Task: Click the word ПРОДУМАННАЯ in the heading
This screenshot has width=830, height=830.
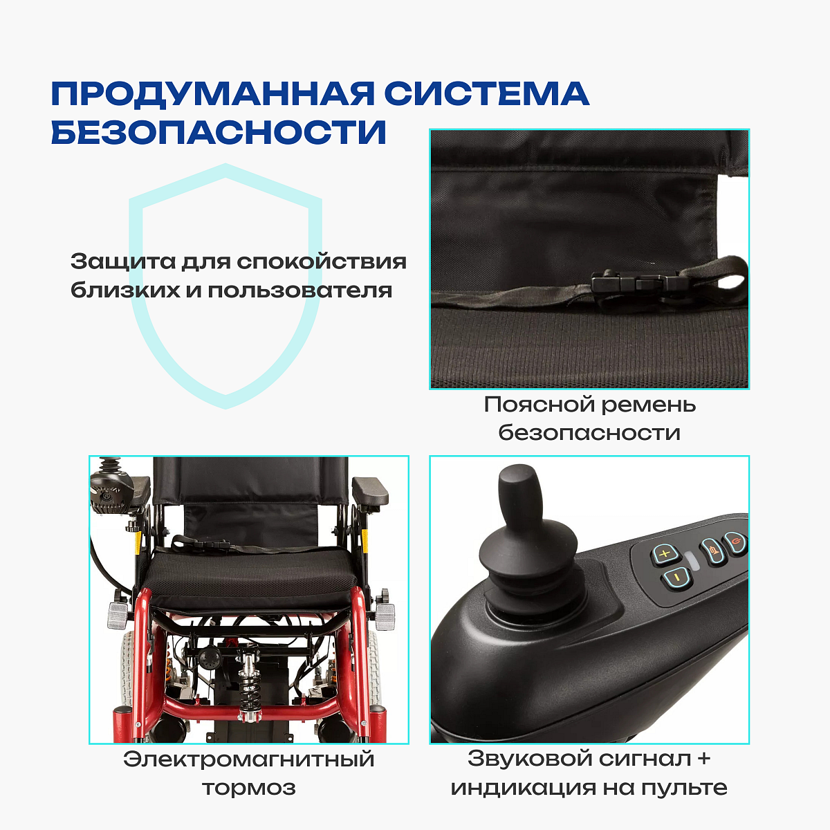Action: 213,93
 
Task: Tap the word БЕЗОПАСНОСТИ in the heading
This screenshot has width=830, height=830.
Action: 219,131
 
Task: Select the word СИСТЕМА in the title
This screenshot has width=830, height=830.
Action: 487,93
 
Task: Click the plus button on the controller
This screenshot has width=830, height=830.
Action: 665,554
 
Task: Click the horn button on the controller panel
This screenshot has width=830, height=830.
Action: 714,551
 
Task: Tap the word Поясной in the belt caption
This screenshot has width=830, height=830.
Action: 539,405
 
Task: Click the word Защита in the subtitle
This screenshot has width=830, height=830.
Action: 123,262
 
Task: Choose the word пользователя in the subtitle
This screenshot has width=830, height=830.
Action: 300,290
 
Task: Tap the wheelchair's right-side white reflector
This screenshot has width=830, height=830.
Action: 385,617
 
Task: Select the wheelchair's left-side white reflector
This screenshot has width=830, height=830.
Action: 117,616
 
